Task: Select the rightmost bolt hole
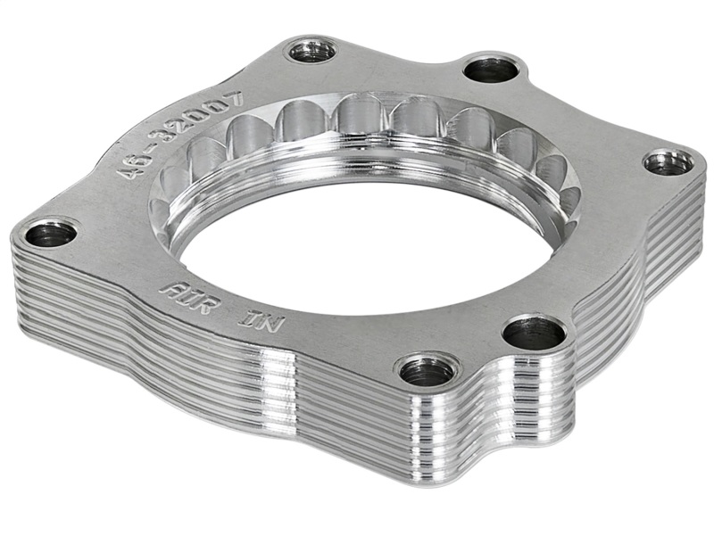click(668, 162)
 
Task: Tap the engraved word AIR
click(184, 294)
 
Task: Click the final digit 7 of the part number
click(235, 98)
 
